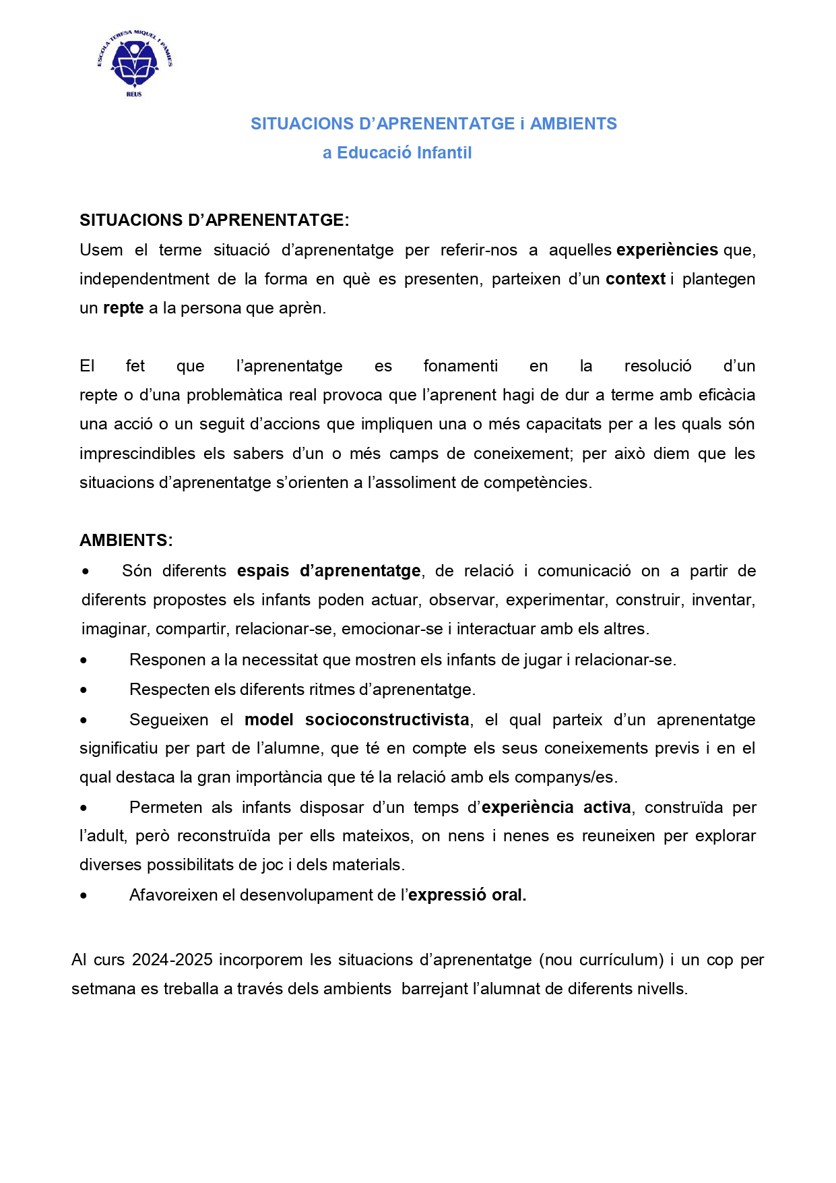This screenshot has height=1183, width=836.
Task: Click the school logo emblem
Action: pyautogui.click(x=134, y=61)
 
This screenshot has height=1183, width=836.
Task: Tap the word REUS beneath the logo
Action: pyautogui.click(x=134, y=94)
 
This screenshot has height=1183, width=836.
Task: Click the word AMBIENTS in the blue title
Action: pyautogui.click(x=573, y=124)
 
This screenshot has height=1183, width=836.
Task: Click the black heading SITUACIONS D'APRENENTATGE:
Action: pyautogui.click(x=214, y=220)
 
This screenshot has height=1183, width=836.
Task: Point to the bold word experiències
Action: pyautogui.click(x=667, y=250)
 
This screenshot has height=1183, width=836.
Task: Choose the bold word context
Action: pyautogui.click(x=635, y=279)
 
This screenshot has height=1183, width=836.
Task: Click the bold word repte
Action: pyautogui.click(x=123, y=308)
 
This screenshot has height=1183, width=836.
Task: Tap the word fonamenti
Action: pyautogui.click(x=460, y=366)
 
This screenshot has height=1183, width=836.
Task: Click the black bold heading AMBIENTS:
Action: pyautogui.click(x=126, y=541)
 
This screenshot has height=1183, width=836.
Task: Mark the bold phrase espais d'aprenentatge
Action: pyautogui.click(x=329, y=571)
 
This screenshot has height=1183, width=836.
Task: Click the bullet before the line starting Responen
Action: pyautogui.click(x=84, y=661)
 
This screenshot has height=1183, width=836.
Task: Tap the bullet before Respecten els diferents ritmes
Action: pyautogui.click(x=84, y=690)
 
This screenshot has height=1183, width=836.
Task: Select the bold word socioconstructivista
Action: pyautogui.click(x=387, y=720)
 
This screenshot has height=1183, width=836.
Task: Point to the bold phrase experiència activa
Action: pyautogui.click(x=556, y=808)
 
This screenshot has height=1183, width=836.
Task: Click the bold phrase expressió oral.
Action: pyautogui.click(x=467, y=895)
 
